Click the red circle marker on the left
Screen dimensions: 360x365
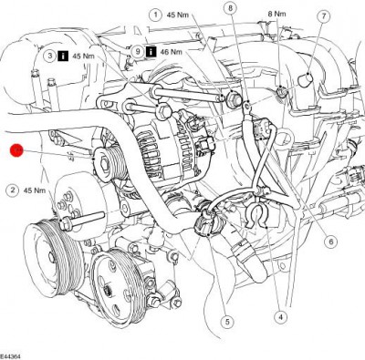[x=16, y=150]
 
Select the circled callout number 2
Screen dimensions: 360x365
[x=13, y=190]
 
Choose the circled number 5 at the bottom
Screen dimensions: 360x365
[x=331, y=242]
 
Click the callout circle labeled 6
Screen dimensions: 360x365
[x=323, y=17]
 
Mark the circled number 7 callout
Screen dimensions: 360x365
[x=230, y=8]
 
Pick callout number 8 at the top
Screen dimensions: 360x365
[x=137, y=52]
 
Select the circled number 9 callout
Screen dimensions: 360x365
[x=137, y=52]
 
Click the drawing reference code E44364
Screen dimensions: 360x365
[x=14, y=354]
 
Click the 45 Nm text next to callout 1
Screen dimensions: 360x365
[x=178, y=15]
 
